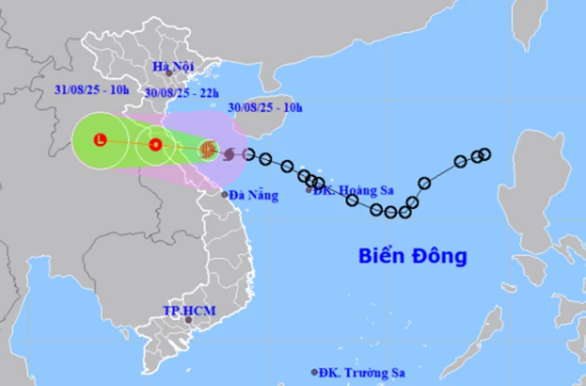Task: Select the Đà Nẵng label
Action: click(253, 195)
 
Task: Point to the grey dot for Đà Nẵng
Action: click(226, 194)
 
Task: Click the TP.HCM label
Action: click(189, 311)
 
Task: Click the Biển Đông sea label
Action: click(413, 255)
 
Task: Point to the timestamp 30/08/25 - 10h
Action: click(265, 107)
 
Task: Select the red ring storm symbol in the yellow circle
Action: click(155, 145)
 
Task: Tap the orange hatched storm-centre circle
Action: click(208, 150)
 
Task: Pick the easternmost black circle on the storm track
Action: click(484, 153)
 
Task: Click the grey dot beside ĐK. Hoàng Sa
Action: click(310, 190)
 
